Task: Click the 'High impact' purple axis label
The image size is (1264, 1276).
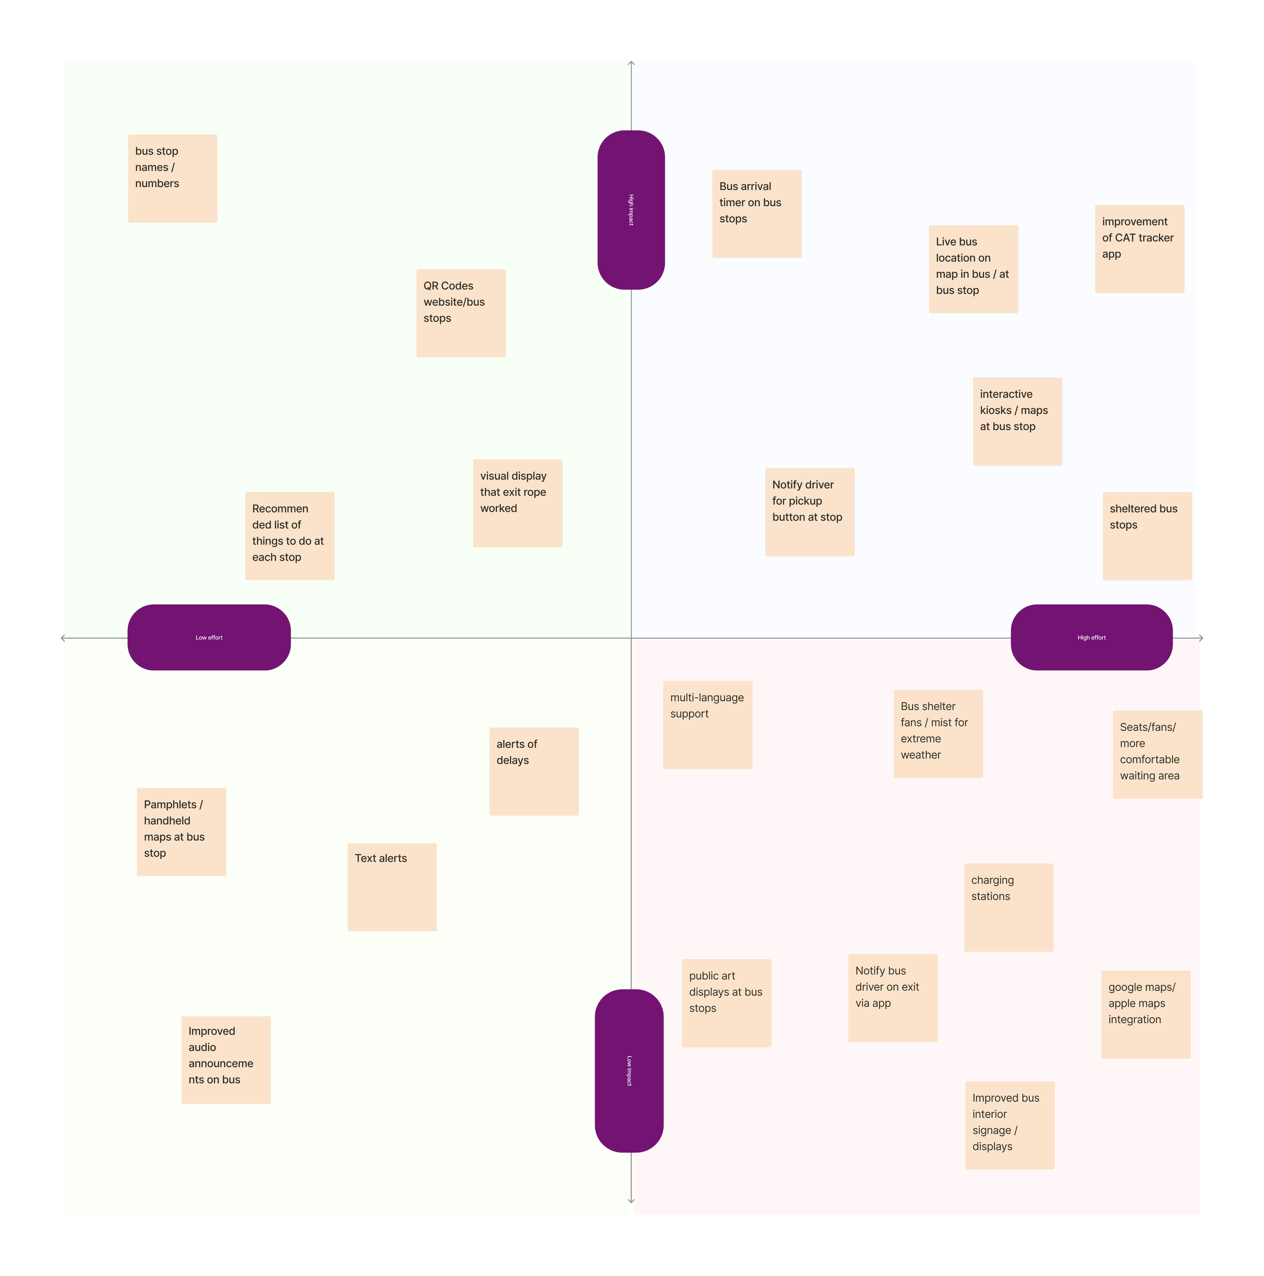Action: pos(630,210)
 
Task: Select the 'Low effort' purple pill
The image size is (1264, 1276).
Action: pos(209,637)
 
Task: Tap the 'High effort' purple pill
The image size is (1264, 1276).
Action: pos(1091,637)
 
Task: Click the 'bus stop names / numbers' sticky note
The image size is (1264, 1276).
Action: pos(172,178)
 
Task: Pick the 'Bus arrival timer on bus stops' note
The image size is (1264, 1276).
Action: pos(756,214)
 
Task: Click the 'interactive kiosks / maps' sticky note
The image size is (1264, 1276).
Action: pos(1017,421)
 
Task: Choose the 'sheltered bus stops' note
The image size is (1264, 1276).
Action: pos(1147,536)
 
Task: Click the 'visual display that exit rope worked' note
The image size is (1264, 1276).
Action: pos(518,503)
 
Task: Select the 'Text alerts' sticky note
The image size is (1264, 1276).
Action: pos(392,887)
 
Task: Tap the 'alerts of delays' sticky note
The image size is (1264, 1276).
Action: pos(533,771)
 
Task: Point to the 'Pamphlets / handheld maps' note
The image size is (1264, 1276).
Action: pos(182,832)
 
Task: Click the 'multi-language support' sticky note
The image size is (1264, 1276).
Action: pos(707,724)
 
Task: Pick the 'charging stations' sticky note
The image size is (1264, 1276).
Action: pos(1009,907)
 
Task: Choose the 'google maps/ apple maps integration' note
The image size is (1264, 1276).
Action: pos(1146,1015)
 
